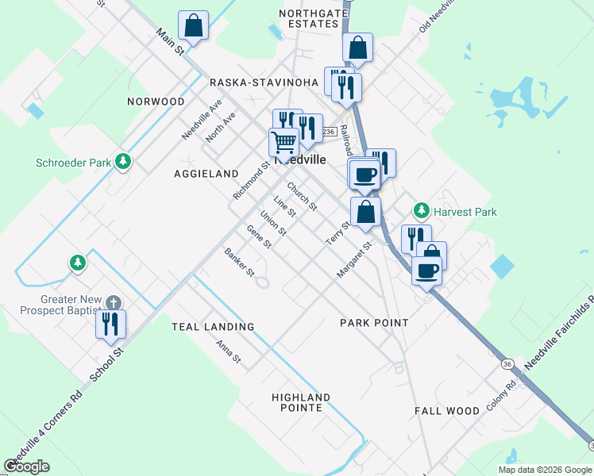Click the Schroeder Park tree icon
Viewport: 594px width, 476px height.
coord(122,163)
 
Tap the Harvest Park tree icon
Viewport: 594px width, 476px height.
coord(421,211)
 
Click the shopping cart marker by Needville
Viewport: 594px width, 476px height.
coord(283,143)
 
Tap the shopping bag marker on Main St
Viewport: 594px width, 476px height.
coord(193,25)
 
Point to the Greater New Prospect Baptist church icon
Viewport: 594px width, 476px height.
coord(114,303)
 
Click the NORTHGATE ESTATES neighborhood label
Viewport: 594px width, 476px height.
coord(309,17)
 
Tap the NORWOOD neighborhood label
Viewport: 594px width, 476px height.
coord(156,102)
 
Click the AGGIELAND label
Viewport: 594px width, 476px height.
coord(206,173)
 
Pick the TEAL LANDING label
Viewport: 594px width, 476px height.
coord(213,326)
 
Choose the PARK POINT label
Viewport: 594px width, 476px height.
coord(374,323)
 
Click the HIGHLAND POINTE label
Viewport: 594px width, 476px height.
coord(300,402)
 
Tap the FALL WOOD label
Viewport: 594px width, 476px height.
coord(446,411)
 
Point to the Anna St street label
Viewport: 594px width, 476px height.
coord(228,351)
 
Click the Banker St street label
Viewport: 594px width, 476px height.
coord(238,263)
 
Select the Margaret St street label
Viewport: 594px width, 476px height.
coord(353,260)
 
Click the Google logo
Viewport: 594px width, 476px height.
coord(26,466)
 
